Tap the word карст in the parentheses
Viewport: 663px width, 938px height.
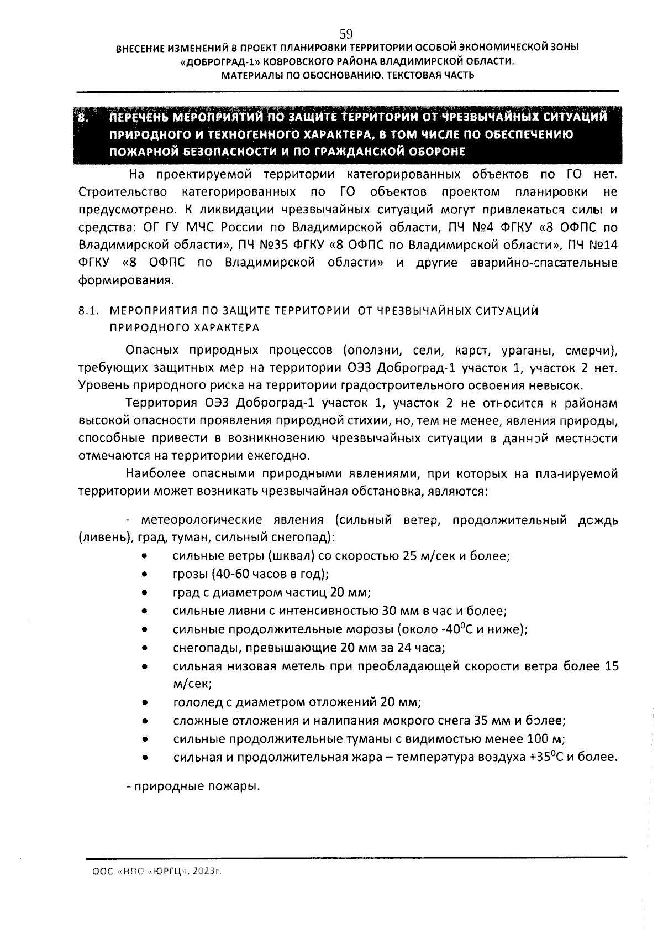click(470, 350)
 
